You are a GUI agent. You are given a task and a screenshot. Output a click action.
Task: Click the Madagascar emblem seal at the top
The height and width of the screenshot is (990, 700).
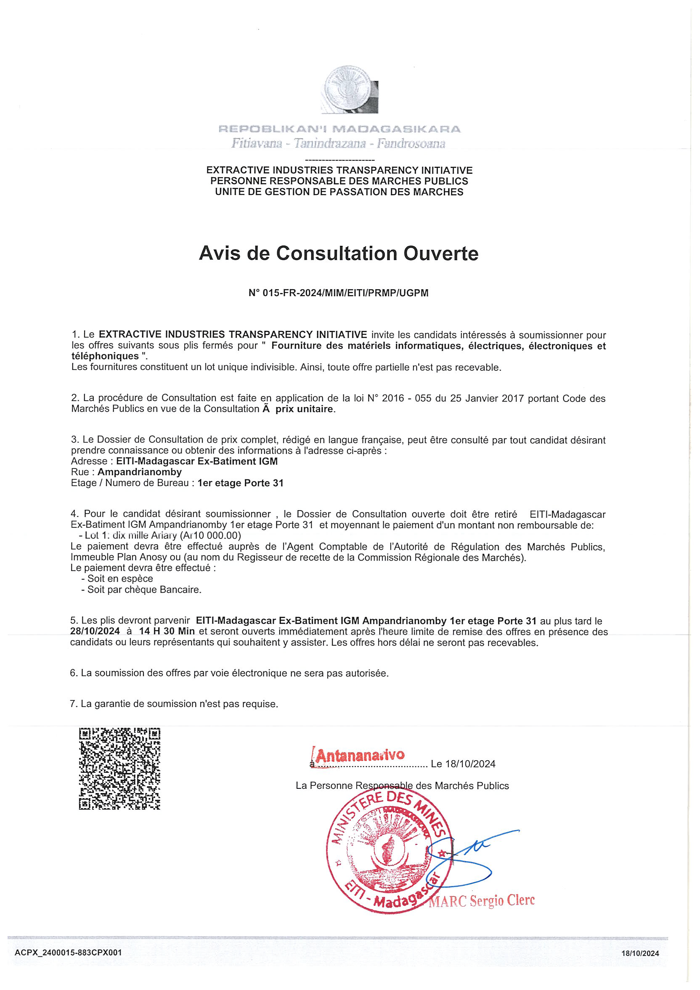point(350,90)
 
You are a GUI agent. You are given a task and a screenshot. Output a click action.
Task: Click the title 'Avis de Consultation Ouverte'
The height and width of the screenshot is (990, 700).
point(338,253)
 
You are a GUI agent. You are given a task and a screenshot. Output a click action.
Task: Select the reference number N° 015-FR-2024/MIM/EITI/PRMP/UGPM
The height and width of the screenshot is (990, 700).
point(338,293)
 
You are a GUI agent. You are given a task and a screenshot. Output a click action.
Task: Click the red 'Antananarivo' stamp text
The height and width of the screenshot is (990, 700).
point(360,755)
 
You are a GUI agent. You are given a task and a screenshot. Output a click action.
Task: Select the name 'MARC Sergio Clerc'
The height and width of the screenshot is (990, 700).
point(482,901)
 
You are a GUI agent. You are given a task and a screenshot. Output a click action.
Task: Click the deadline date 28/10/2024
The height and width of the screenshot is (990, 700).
point(95,631)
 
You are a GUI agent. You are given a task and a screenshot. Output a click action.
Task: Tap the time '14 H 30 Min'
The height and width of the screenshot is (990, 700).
point(167,631)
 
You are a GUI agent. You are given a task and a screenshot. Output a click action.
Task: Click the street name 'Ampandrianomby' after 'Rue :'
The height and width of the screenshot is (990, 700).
point(140,472)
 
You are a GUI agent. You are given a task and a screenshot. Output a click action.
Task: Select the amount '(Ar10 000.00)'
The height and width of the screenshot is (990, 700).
point(210,535)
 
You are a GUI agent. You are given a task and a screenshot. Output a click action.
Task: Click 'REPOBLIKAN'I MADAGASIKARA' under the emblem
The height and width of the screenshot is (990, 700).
point(339,129)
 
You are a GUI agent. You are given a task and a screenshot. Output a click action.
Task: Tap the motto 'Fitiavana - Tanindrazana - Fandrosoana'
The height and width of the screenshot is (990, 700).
point(338,143)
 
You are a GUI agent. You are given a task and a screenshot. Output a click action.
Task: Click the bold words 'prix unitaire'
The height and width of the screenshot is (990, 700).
point(304,409)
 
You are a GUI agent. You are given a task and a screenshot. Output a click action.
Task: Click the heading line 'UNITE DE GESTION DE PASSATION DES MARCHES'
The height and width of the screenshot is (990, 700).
point(339,192)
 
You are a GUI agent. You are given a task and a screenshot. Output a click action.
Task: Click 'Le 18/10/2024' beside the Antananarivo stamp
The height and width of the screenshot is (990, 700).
point(463,764)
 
